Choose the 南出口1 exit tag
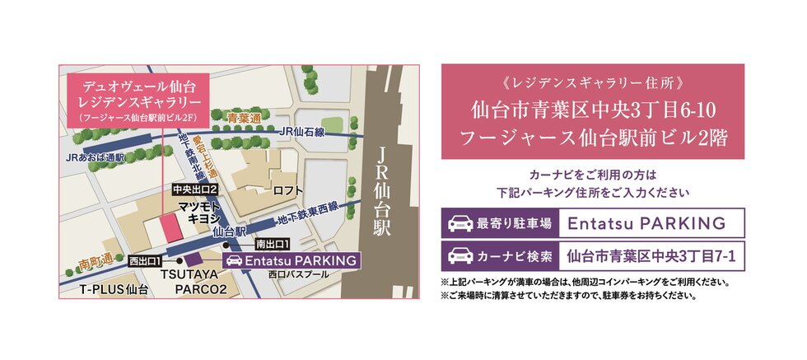[271, 245]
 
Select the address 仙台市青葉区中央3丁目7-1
[652, 255]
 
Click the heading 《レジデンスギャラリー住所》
[592, 84]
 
